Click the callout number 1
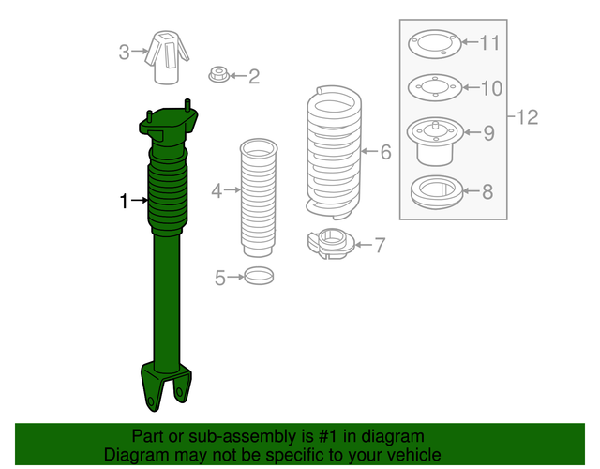click(x=123, y=200)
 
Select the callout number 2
click(x=253, y=76)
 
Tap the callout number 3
click(x=125, y=52)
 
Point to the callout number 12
click(x=527, y=117)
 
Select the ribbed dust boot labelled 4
click(x=258, y=197)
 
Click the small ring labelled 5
click(x=260, y=277)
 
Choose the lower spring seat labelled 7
click(x=330, y=245)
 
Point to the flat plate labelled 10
click(x=434, y=90)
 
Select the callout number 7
click(x=379, y=246)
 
